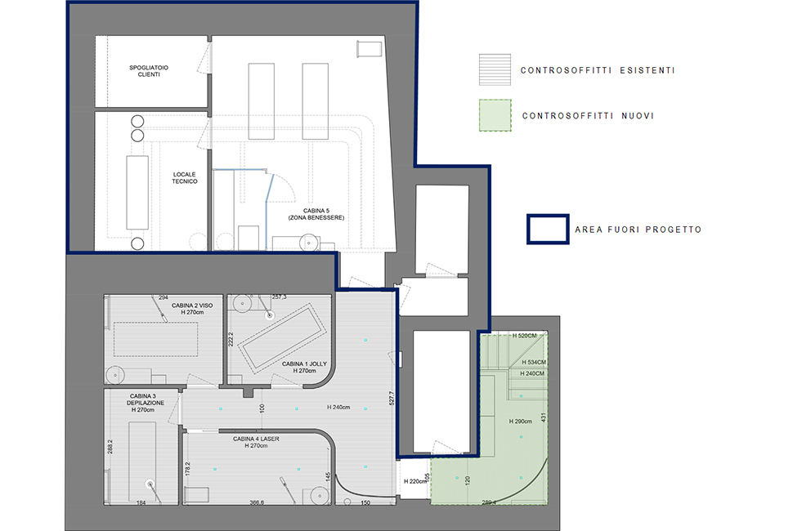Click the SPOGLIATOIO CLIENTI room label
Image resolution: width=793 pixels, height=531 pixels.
(x=149, y=71)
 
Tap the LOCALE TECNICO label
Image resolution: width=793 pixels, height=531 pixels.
(x=185, y=178)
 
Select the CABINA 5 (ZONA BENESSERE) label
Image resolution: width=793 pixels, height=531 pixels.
(x=316, y=214)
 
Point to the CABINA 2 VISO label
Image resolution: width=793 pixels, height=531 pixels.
(x=192, y=309)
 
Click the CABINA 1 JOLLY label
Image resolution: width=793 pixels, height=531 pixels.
(x=304, y=368)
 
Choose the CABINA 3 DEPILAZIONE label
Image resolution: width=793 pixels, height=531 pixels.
(x=146, y=403)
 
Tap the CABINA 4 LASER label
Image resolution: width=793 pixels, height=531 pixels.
(x=256, y=442)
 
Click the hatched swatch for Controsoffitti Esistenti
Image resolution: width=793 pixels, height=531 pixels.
(x=495, y=69)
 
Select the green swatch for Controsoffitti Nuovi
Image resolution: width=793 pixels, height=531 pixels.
(x=495, y=115)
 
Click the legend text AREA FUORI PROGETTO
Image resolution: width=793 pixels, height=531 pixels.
(x=638, y=230)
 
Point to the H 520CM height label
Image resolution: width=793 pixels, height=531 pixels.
(x=525, y=336)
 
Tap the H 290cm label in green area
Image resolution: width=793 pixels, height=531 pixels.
(x=521, y=421)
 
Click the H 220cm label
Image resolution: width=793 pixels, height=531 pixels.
(x=415, y=481)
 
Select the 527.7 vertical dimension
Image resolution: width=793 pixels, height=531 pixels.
(x=392, y=399)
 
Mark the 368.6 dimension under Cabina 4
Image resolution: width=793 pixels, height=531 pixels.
(x=257, y=502)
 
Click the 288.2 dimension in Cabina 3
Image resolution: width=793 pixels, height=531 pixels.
(x=110, y=447)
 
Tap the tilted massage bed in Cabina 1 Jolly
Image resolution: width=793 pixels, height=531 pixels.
(x=282, y=338)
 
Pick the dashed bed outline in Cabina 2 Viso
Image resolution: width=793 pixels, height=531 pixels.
(x=155, y=339)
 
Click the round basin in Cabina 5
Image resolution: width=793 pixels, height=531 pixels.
(x=308, y=243)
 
